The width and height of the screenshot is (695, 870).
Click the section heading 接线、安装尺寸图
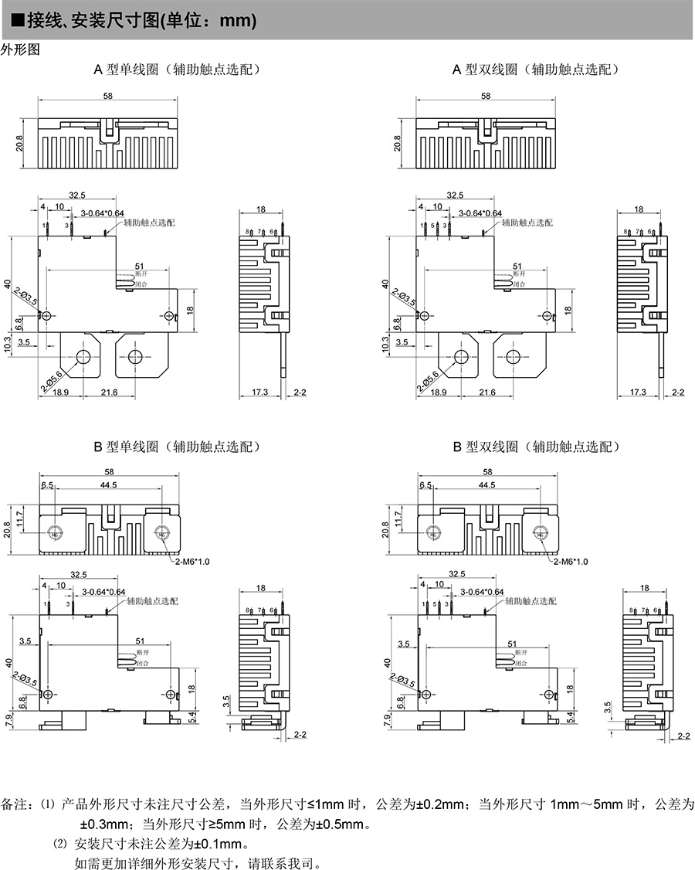(x=100, y=21)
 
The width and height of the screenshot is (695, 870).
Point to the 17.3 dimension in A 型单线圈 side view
(x=259, y=393)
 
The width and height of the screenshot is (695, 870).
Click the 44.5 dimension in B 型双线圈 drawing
(x=486, y=485)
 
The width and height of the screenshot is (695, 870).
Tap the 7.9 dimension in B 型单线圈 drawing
(x=9, y=721)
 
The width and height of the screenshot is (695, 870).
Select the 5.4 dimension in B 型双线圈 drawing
(x=569, y=718)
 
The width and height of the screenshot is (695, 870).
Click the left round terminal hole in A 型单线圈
(x=82, y=356)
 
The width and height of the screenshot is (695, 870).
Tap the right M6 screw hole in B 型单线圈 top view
(x=161, y=532)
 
